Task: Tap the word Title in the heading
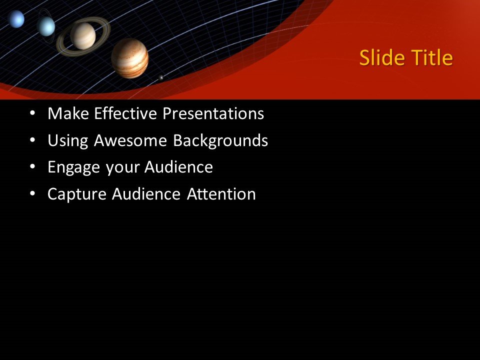(x=432, y=58)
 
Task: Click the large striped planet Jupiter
(x=129, y=58)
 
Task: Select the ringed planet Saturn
(x=82, y=35)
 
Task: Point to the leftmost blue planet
(x=16, y=19)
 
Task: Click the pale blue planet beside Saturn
(x=46, y=26)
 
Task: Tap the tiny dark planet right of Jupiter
(x=161, y=77)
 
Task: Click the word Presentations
(x=213, y=114)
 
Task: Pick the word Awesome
(x=131, y=141)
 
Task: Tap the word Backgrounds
(x=220, y=141)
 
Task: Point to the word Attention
(x=221, y=194)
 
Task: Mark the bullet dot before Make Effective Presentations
(x=32, y=114)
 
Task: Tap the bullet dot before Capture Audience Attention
(x=32, y=194)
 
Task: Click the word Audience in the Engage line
(x=178, y=167)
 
